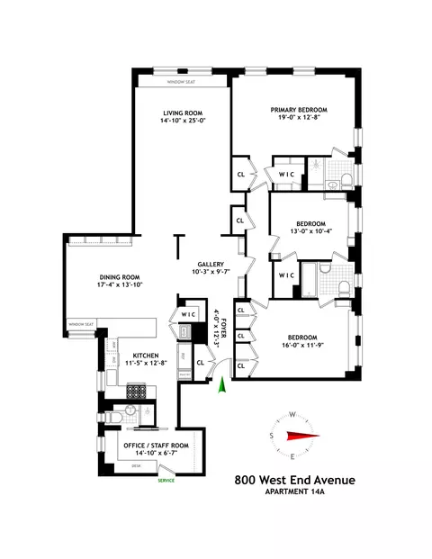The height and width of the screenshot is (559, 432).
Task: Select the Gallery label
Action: [x=208, y=264]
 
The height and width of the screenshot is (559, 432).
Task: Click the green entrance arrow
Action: [x=222, y=384]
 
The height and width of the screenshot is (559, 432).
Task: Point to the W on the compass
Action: [x=292, y=415]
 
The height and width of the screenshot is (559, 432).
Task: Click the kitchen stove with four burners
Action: [x=137, y=390]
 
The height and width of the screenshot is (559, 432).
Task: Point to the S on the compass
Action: [x=271, y=436]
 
